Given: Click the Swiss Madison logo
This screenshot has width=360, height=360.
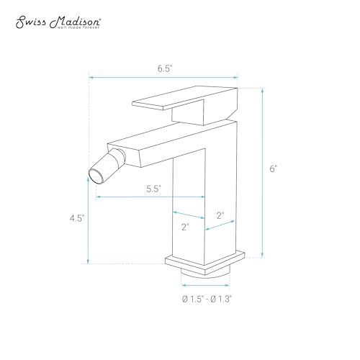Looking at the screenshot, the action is coord(58,23).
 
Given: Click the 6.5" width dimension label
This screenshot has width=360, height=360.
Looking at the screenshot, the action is coord(165,68).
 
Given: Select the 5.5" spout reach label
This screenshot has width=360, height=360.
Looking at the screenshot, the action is coord(153,189).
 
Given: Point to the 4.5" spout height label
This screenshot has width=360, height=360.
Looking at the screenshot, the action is coord(77,218).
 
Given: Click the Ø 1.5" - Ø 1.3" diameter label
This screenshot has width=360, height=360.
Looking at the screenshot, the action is coord(207,300).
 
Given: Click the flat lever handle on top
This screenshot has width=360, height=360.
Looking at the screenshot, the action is coord(185,99).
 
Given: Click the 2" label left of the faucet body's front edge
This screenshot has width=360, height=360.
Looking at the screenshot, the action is coord(185,227).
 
